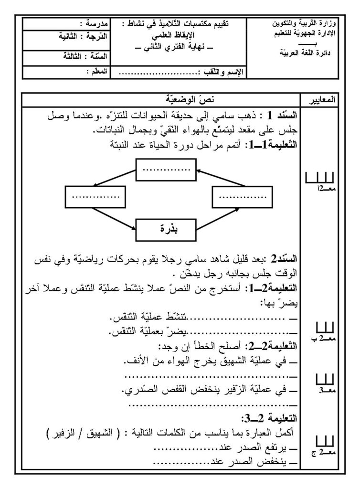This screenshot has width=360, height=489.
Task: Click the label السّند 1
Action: (x=280, y=116)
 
